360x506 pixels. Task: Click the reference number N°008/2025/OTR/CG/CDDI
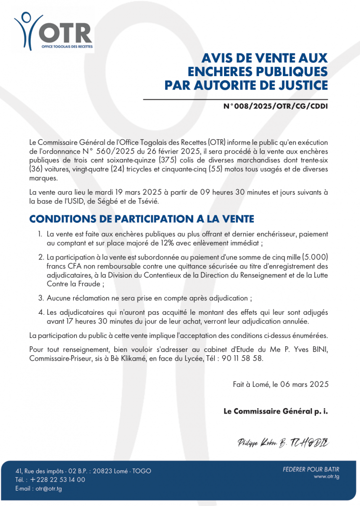click(275, 106)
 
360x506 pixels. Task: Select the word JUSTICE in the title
click(299, 85)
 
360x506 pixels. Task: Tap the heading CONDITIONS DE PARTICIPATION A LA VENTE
click(141, 219)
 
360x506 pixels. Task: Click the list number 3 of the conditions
click(41, 298)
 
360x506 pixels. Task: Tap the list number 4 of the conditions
click(41, 312)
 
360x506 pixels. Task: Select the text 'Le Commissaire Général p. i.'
click(275, 411)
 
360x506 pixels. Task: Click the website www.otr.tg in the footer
click(326, 476)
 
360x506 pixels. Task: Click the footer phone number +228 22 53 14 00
click(57, 479)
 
